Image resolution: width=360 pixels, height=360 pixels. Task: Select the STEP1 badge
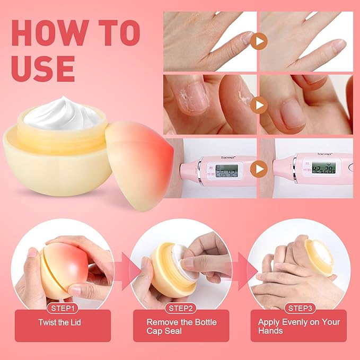tap(63, 308)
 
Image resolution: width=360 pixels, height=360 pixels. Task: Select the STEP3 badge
tap(300, 308)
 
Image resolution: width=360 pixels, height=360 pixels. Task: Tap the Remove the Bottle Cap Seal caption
tap(181, 326)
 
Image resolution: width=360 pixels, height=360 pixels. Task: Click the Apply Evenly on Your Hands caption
tap(300, 326)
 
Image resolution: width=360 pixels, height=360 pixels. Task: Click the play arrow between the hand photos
tap(258, 41)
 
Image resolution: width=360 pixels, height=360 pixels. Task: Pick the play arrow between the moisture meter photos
tap(258, 169)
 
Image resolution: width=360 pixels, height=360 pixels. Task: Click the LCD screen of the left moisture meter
tap(227, 171)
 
